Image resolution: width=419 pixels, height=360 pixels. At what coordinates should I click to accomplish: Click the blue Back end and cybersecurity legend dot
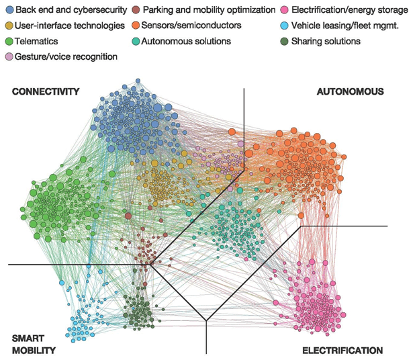pos(8,10)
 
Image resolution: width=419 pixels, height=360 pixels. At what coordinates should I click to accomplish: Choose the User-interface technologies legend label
pos(70,26)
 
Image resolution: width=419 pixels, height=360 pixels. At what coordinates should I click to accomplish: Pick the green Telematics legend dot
pos(8,41)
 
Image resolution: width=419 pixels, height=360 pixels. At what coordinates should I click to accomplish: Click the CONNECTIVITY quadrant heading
pos(46,91)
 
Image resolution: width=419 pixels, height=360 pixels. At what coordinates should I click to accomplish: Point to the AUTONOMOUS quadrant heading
pos(350,91)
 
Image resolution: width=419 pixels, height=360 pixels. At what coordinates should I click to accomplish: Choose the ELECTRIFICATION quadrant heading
pos(342,351)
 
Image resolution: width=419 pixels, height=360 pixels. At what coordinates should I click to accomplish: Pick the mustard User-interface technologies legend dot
pos(8,26)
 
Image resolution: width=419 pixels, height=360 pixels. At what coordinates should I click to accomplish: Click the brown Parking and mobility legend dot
pos(136,10)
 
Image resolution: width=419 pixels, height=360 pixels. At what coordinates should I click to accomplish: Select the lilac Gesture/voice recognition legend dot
pos(8,56)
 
